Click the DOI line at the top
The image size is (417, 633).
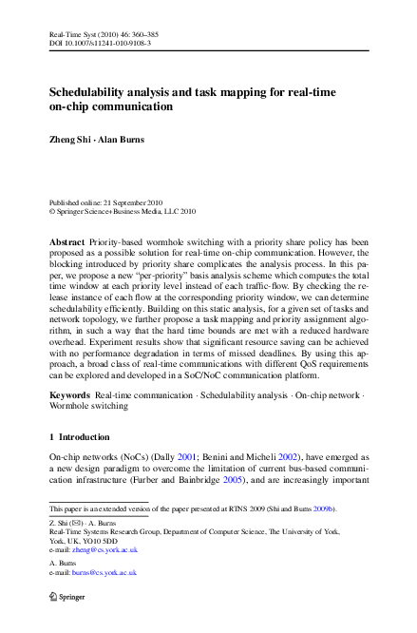tap(100, 44)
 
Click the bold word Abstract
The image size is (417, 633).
tap(66, 243)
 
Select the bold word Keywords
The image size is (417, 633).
tap(69, 393)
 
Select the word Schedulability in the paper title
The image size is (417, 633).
tap(95, 92)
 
